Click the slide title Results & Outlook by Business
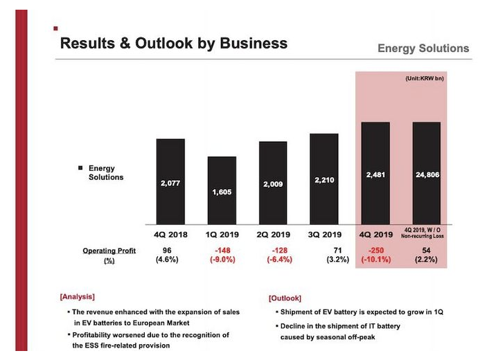(x=173, y=44)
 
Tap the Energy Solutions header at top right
(x=423, y=48)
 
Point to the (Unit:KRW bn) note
(x=424, y=79)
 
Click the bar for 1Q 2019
(x=222, y=190)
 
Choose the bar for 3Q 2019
(x=324, y=179)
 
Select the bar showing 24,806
(x=427, y=173)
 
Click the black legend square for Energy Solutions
(x=80, y=168)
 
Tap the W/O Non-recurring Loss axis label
(x=427, y=234)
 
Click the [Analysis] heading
(x=77, y=296)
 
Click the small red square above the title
(x=55, y=28)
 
